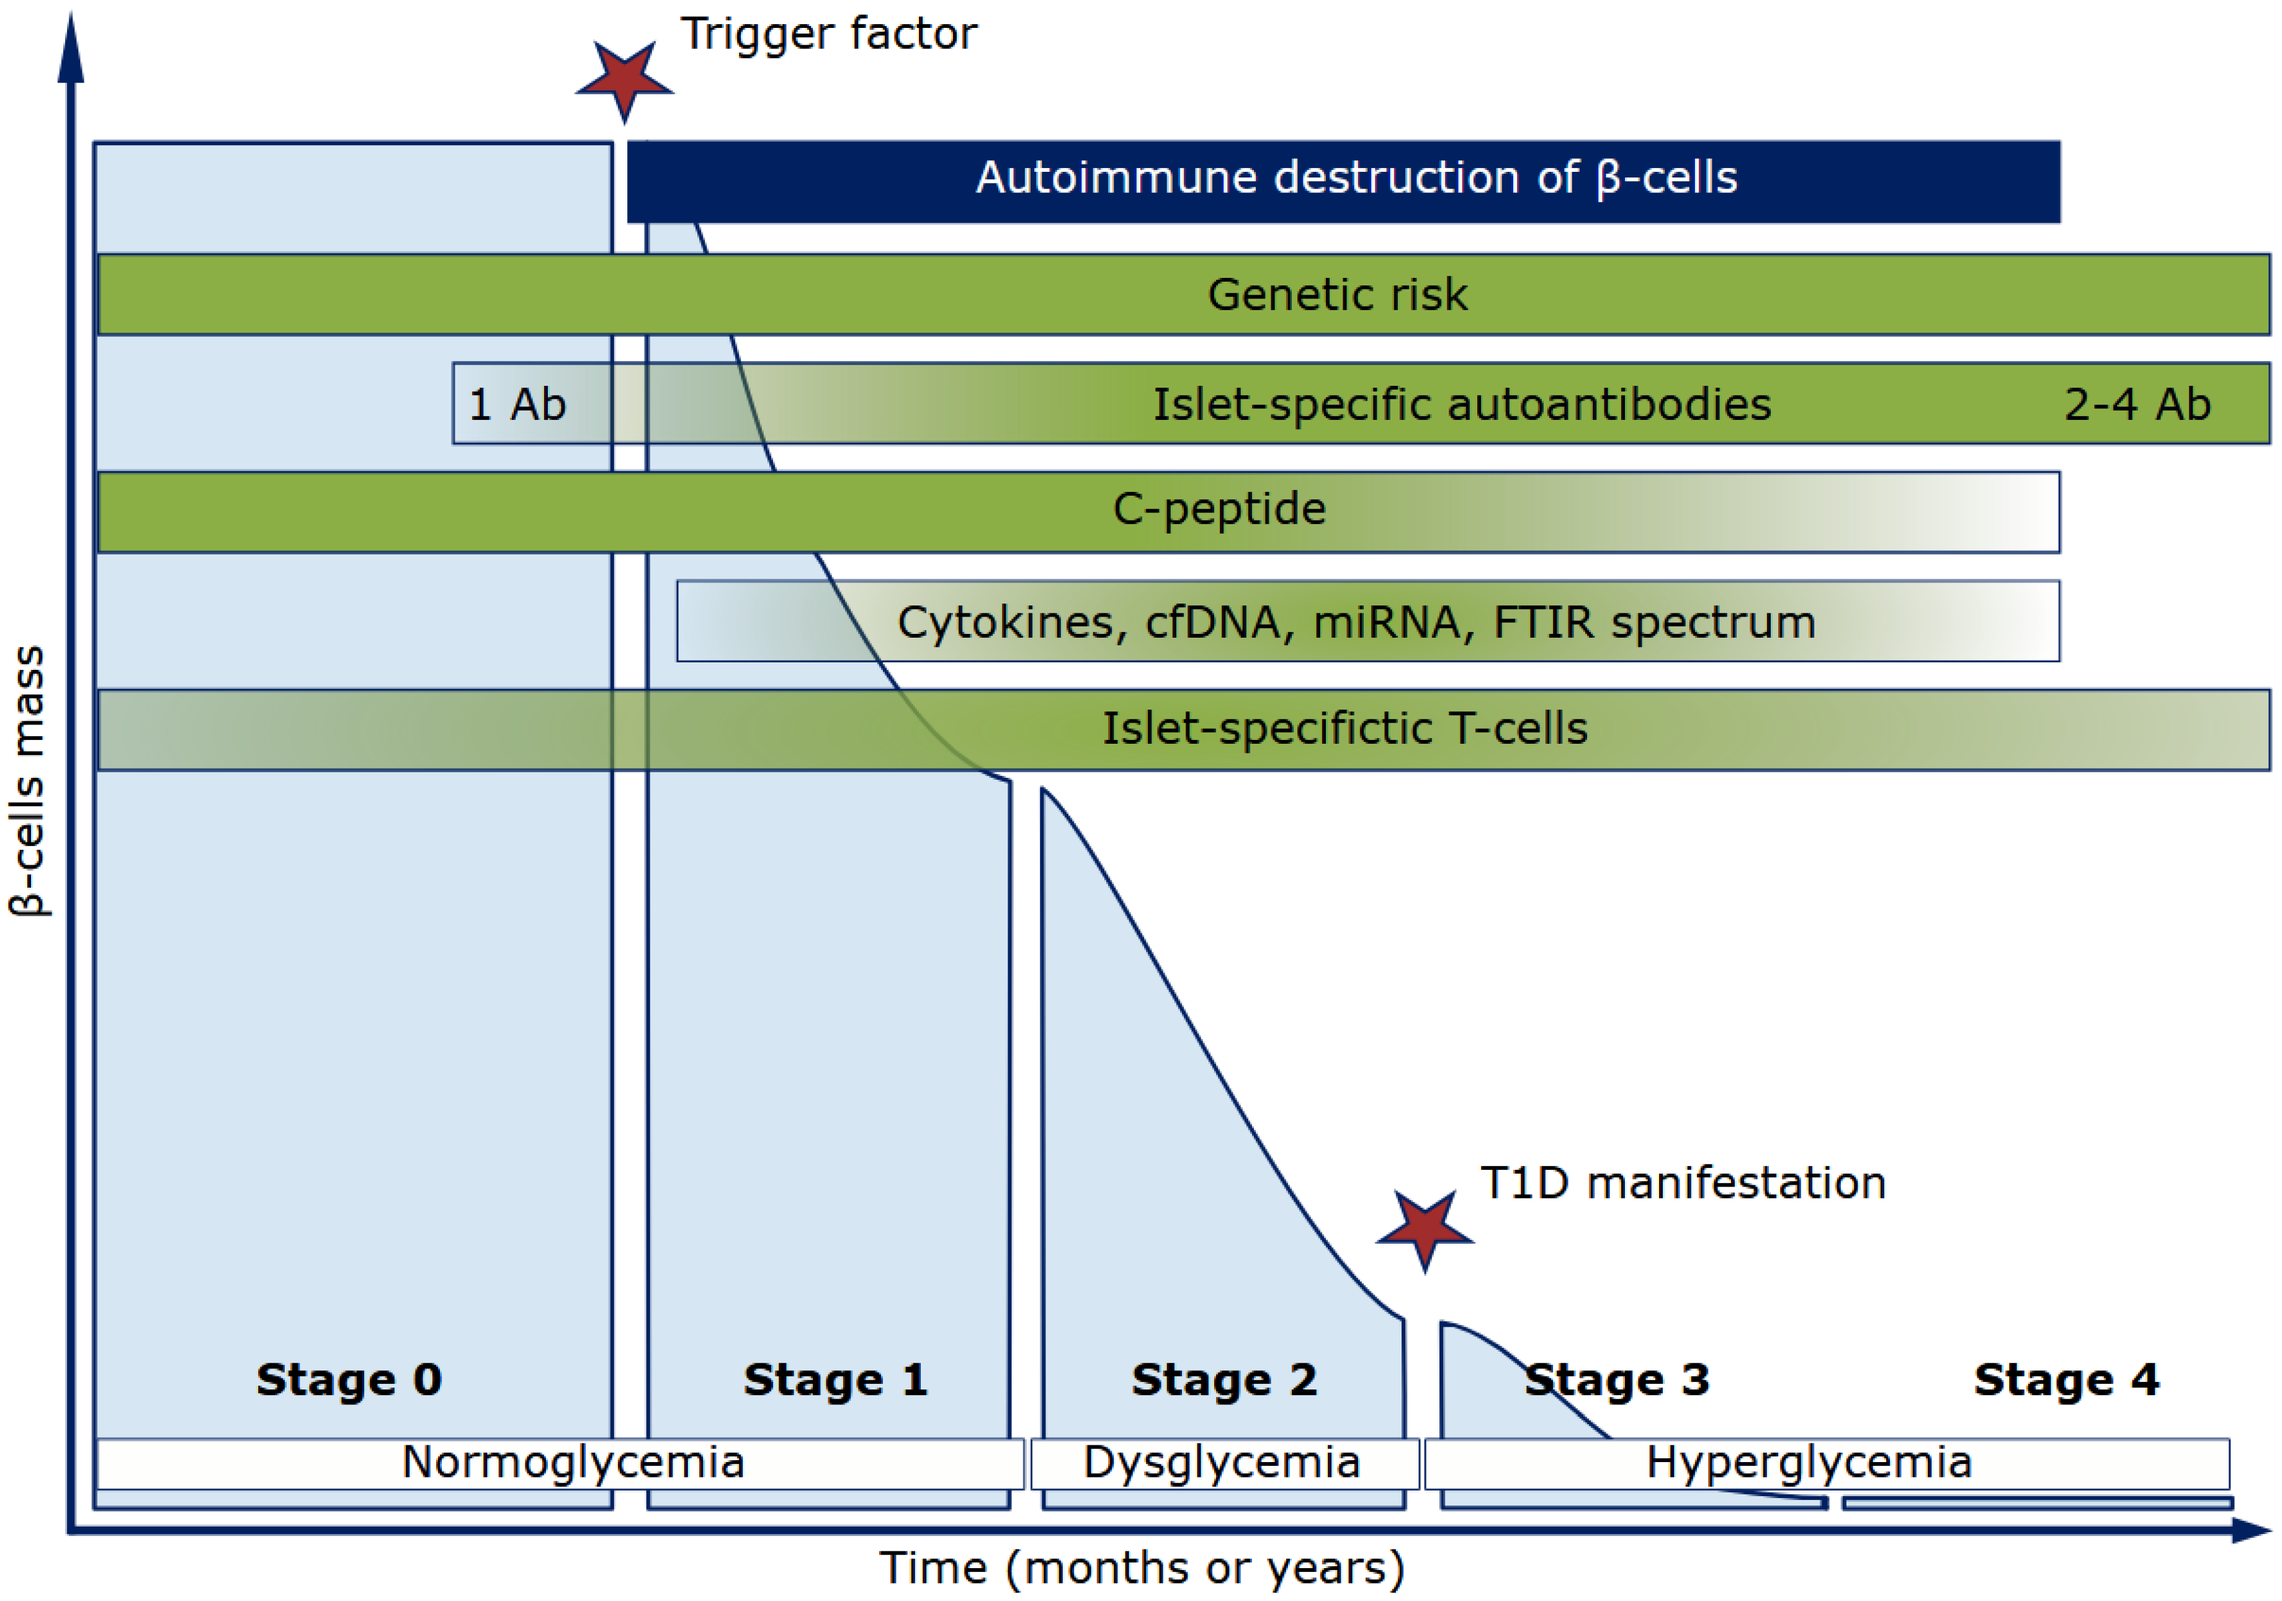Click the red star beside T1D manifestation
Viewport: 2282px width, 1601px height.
coord(1425,1230)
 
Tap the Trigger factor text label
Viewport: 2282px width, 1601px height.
coord(828,33)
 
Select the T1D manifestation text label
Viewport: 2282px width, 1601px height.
coord(1683,1183)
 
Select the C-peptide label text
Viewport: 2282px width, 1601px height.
coord(1219,509)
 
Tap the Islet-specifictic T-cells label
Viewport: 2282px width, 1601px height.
coord(1344,728)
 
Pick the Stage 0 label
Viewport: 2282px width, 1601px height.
coord(349,1380)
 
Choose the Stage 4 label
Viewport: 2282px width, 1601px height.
coord(2065,1380)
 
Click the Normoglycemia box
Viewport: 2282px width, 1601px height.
coord(573,1463)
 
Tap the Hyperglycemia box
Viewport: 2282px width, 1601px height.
coord(1808,1463)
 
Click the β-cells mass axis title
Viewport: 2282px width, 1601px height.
coord(28,780)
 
